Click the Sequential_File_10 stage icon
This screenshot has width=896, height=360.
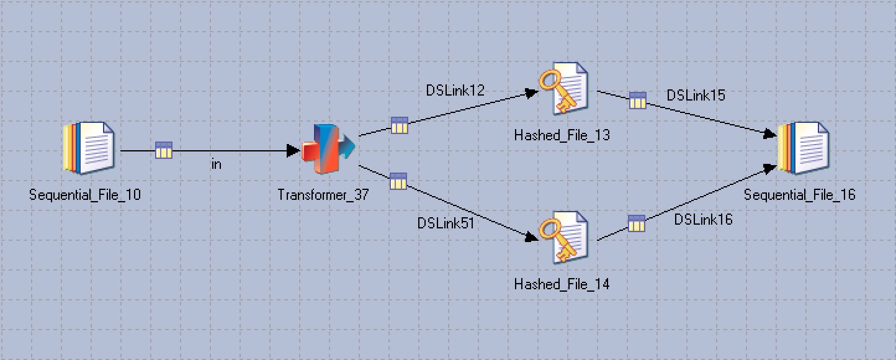coord(89,148)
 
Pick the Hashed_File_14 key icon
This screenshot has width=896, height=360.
coord(562,238)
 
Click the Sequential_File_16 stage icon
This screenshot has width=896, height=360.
coord(803,148)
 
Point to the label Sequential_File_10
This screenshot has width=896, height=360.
coord(85,195)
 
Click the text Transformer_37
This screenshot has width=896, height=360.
coord(323,195)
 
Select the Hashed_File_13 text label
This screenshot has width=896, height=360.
coord(562,135)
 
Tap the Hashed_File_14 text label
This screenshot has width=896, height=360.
coord(562,284)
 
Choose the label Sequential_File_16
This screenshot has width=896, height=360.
coord(800,195)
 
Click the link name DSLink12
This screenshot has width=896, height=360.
coord(455,91)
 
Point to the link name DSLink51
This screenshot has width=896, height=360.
coord(446,223)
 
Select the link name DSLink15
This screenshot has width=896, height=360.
coord(696,96)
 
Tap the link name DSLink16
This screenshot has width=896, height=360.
coord(703,219)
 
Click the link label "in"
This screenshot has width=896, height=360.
coord(216,164)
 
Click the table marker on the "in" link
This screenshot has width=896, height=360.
coord(164,150)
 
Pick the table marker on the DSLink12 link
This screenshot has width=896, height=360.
coord(399,125)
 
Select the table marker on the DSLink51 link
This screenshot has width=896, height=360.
coord(398,181)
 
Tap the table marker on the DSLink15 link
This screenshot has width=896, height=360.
coord(637,101)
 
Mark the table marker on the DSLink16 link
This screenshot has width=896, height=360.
coord(637,223)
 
